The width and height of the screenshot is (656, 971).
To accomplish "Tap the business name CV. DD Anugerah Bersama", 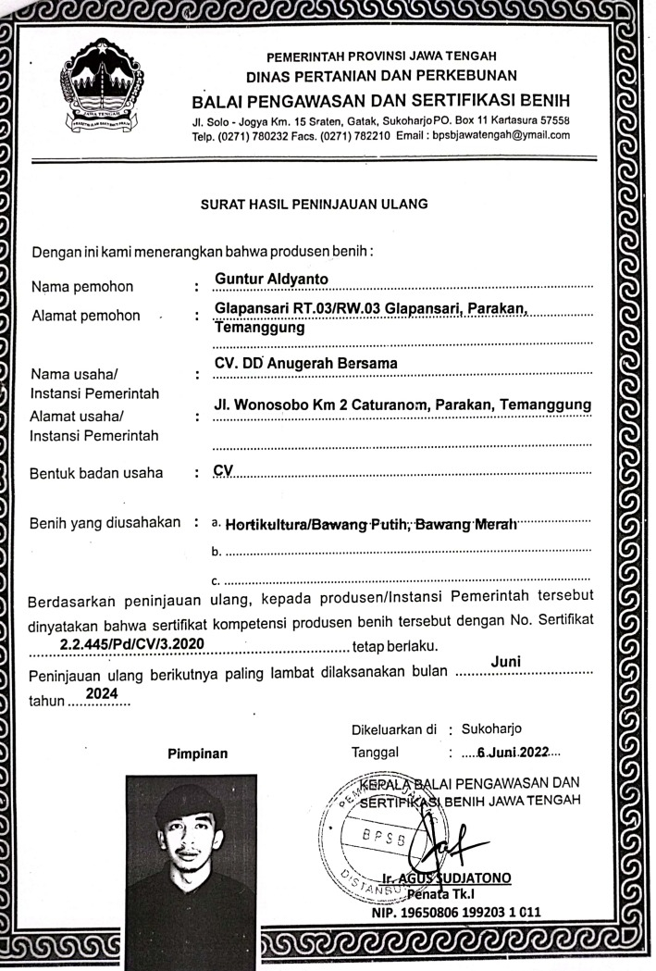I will [x=305, y=364].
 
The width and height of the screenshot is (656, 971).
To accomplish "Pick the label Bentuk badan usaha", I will [x=97, y=473].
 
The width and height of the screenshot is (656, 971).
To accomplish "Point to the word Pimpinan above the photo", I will [x=197, y=753].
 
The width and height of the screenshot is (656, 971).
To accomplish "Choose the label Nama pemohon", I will [x=82, y=286].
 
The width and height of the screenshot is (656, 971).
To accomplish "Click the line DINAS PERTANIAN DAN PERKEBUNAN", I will [x=381, y=74].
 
